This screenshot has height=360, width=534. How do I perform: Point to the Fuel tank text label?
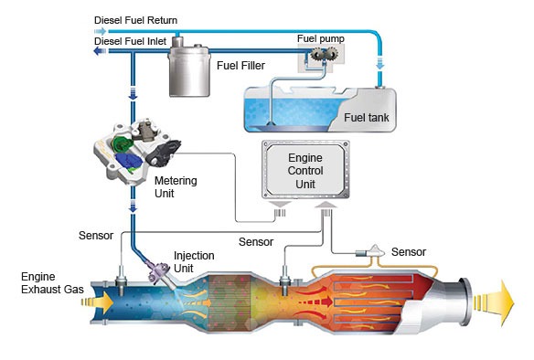tap(368, 117)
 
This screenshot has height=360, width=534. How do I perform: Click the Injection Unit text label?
tap(197, 261)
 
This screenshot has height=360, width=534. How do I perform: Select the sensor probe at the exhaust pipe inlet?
tap(121, 270)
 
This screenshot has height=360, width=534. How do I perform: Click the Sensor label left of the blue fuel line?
tap(94, 236)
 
